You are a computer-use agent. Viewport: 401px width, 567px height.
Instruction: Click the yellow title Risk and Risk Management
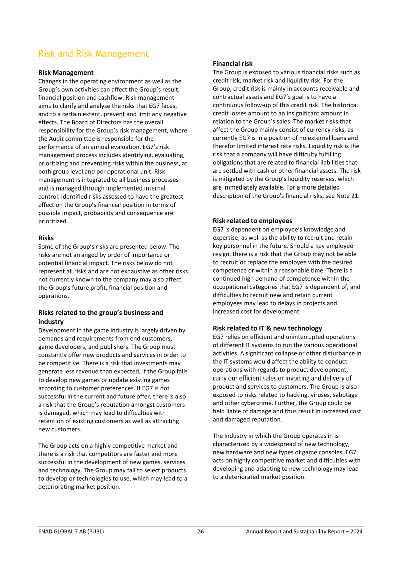click(93, 54)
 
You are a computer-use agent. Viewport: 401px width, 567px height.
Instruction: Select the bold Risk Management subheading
click(66, 73)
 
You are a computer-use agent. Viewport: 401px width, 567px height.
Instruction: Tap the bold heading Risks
click(46, 238)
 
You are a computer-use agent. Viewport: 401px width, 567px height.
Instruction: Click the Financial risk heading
click(233, 64)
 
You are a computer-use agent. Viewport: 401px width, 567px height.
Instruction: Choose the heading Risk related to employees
click(252, 221)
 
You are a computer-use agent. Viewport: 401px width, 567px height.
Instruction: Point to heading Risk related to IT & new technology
click(267, 328)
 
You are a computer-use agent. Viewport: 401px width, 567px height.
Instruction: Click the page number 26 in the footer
click(200, 531)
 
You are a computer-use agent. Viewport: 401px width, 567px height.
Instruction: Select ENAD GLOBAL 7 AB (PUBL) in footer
click(71, 531)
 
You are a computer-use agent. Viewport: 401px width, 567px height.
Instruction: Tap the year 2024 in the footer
click(356, 531)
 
